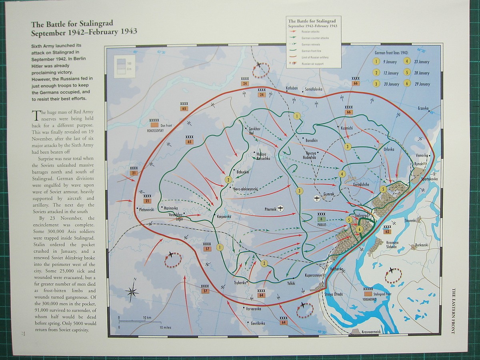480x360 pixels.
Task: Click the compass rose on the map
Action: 133,291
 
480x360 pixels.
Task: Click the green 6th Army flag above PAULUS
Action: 321,219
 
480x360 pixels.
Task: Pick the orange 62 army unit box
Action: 386,231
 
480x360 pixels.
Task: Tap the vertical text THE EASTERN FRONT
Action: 453,311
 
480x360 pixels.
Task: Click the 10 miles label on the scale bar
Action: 165,327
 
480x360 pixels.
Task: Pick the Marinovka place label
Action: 170,208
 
